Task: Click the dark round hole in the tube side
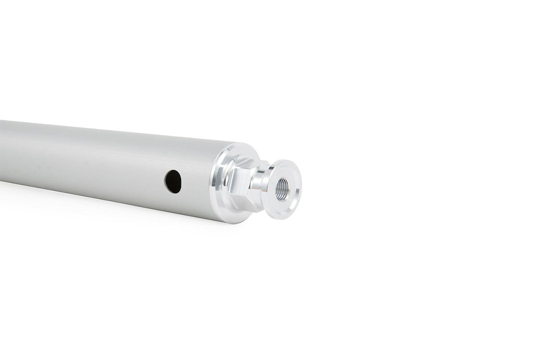coord(173,181)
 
